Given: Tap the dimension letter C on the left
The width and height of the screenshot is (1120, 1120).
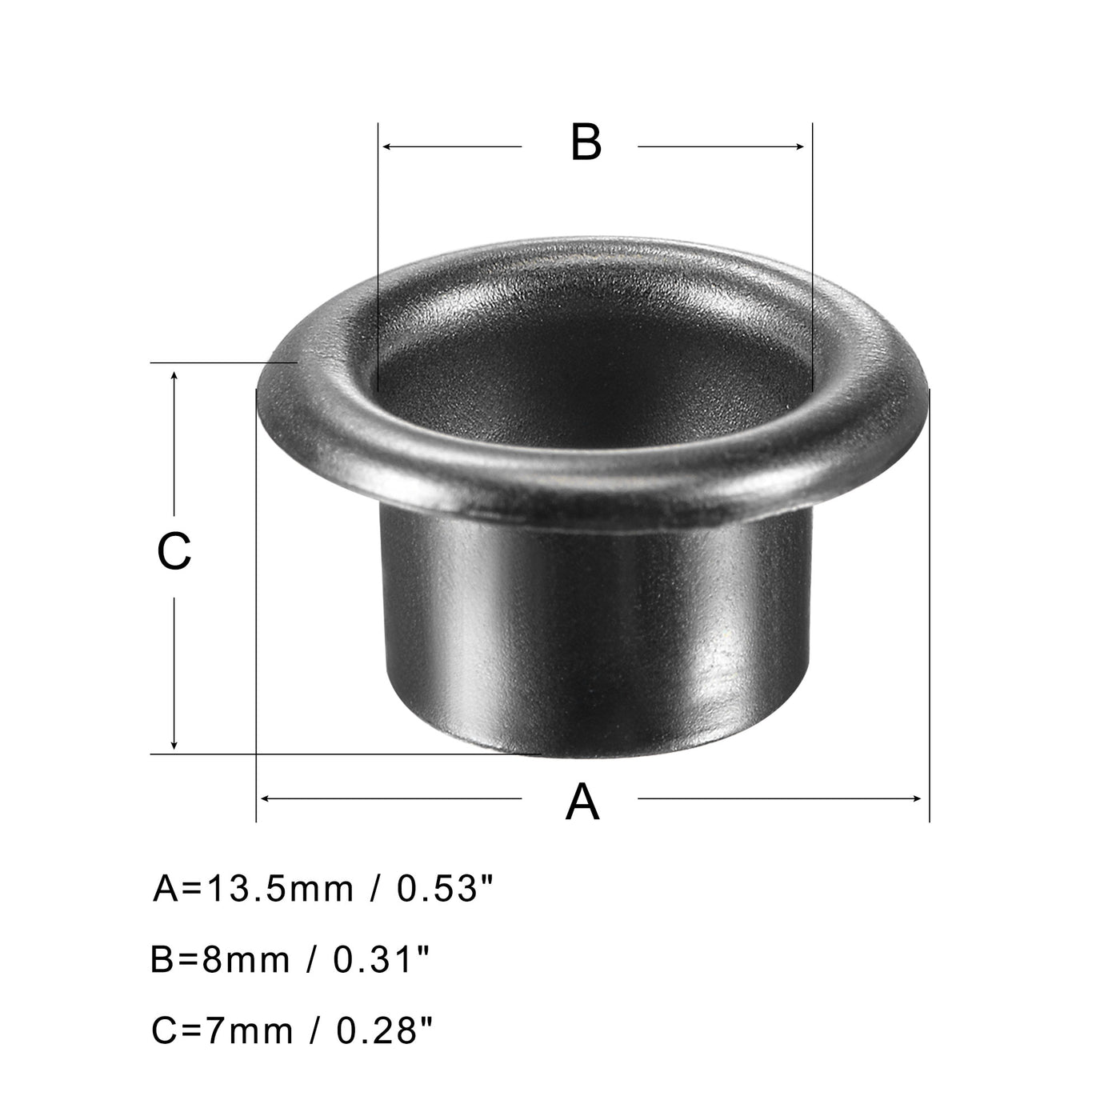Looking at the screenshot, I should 174,552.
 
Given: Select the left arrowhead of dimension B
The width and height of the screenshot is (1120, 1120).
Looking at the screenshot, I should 388,146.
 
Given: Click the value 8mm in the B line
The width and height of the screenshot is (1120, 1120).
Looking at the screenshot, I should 243,959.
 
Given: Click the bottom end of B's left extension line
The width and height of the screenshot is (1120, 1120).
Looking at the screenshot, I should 377,390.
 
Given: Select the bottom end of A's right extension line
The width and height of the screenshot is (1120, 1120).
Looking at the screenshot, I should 929,820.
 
